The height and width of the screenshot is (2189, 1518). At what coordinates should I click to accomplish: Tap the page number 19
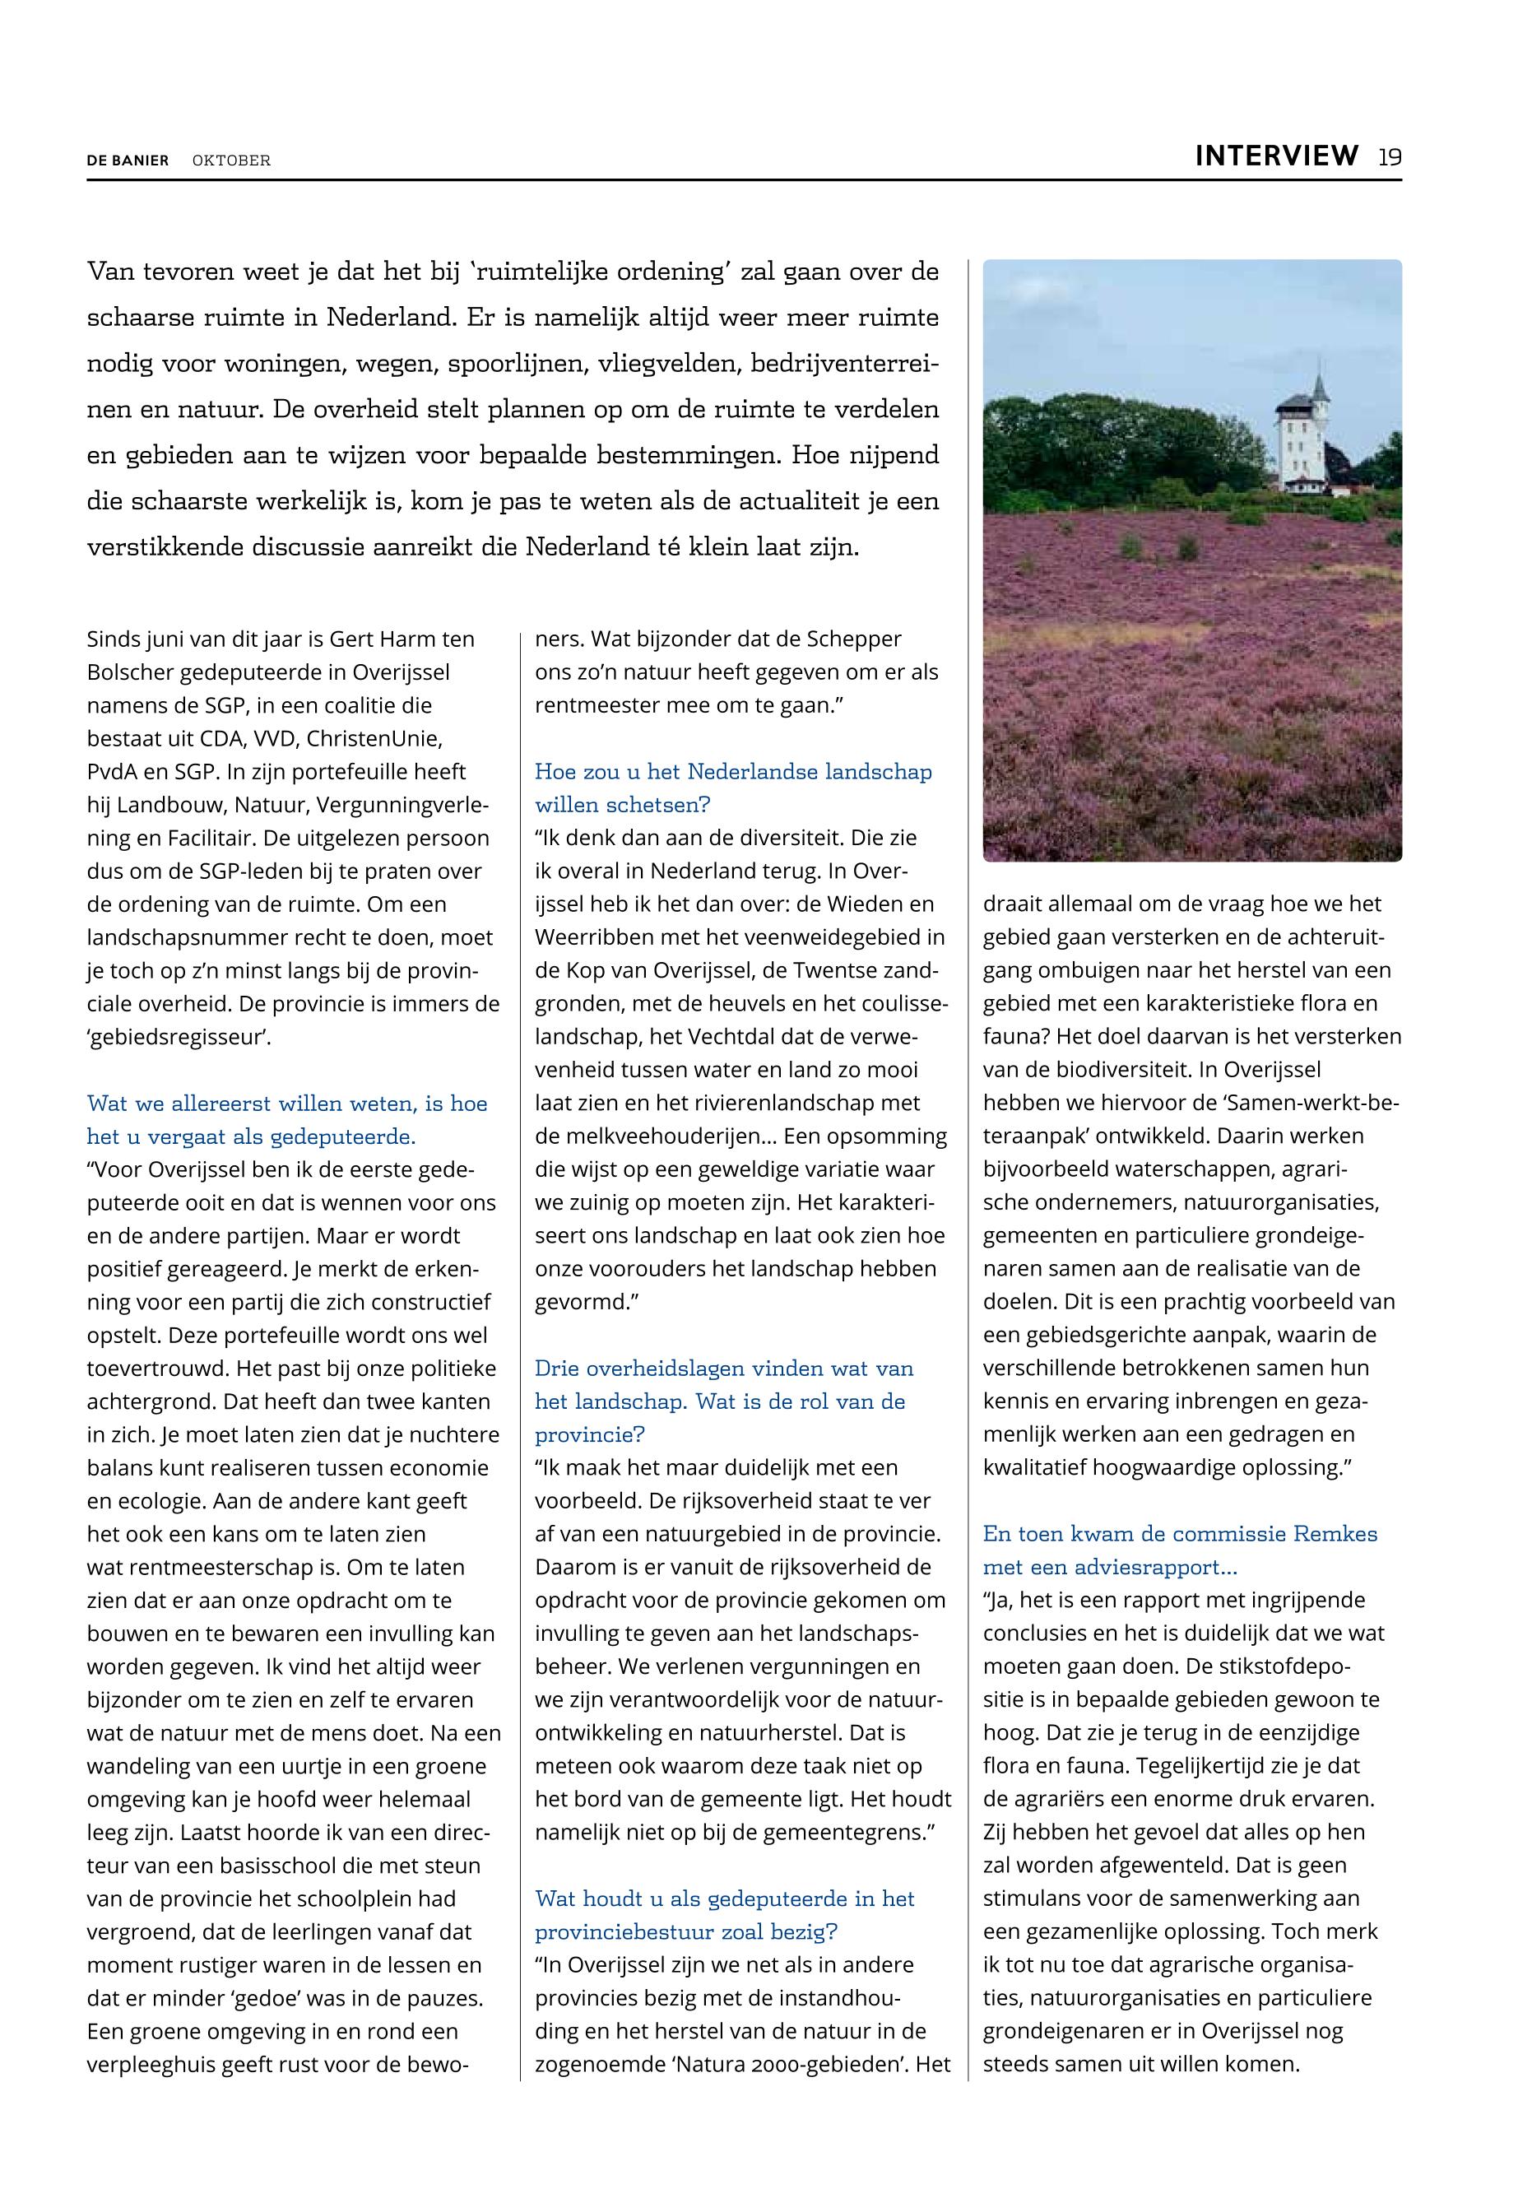click(x=1390, y=157)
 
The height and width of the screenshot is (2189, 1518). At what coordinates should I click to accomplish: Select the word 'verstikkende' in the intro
click(x=162, y=548)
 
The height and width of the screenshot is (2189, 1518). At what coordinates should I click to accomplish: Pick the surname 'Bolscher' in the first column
click(x=129, y=672)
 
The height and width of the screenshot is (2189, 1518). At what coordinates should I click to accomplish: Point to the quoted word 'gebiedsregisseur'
click(x=178, y=1037)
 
